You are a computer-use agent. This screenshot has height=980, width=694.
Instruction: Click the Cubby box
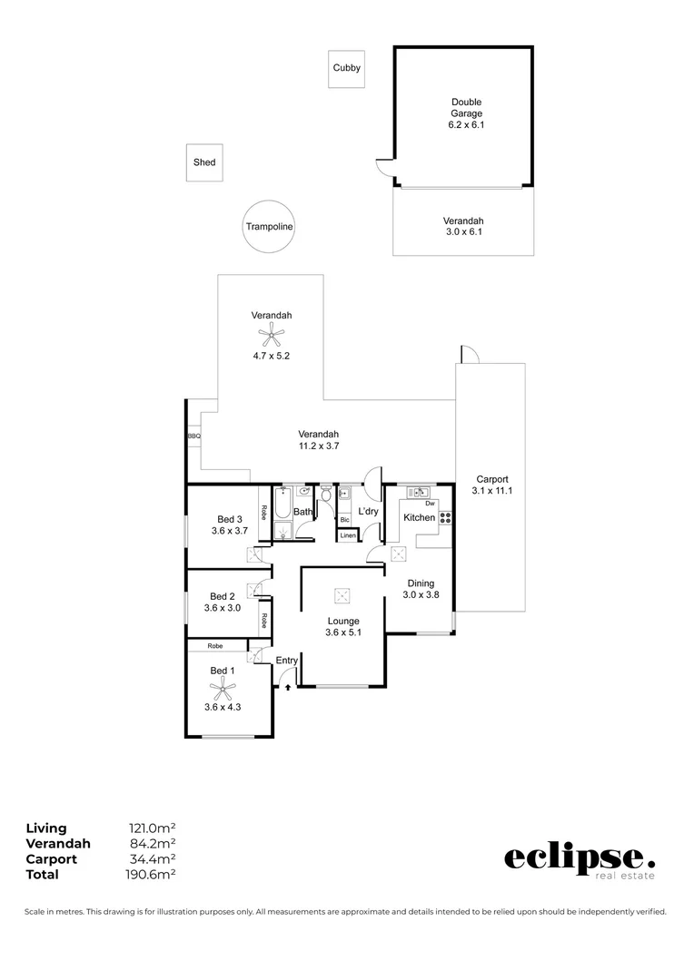pyautogui.click(x=346, y=68)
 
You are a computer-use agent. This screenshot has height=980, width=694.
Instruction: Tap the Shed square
pyautogui.click(x=204, y=162)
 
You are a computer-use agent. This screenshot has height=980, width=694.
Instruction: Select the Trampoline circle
pyautogui.click(x=269, y=227)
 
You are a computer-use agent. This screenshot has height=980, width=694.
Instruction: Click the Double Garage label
pyautogui.click(x=466, y=108)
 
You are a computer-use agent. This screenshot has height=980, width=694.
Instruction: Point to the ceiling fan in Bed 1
pyautogui.click(x=223, y=688)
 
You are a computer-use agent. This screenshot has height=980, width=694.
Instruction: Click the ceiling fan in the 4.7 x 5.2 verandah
pyautogui.click(x=271, y=337)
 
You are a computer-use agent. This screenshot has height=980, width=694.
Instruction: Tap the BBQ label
pyautogui.click(x=193, y=436)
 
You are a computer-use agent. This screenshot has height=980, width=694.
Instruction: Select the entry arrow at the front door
pyautogui.click(x=289, y=688)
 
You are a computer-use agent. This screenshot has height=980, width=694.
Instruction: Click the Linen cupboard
pyautogui.click(x=348, y=536)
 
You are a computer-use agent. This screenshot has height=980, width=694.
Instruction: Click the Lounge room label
pyautogui.click(x=343, y=621)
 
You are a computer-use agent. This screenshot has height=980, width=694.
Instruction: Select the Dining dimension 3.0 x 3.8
pyautogui.click(x=420, y=595)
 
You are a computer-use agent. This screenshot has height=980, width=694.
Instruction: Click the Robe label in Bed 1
pyautogui.click(x=215, y=646)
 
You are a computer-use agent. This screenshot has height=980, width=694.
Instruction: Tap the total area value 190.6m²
pyautogui.click(x=150, y=875)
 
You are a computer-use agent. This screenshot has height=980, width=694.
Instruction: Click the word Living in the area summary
pyautogui.click(x=46, y=828)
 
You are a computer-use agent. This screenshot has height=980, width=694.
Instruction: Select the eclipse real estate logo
pyautogui.click(x=578, y=859)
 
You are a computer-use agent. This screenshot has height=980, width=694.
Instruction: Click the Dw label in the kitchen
pyautogui.click(x=431, y=503)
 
